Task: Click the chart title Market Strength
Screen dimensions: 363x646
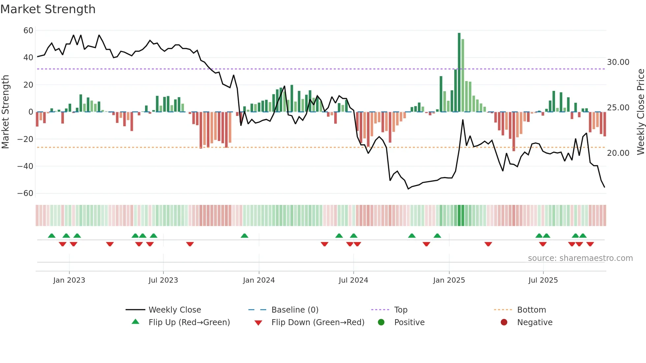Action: click(48, 9)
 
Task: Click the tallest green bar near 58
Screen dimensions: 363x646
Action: click(459, 72)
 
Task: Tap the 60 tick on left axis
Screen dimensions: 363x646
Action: click(28, 31)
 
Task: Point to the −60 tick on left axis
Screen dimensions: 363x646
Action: click(25, 193)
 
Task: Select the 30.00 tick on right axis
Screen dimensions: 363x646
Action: click(618, 62)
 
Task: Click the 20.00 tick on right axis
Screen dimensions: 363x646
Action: click(618, 153)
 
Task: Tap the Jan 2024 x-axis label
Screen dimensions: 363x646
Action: click(259, 280)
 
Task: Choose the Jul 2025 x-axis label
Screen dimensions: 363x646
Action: click(543, 280)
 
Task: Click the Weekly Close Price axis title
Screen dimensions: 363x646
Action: click(640, 112)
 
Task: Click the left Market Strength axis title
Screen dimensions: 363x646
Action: click(6, 112)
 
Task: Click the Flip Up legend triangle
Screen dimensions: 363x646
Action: click(135, 322)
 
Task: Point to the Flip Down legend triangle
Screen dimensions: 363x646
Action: click(258, 323)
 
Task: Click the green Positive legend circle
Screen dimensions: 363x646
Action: click(381, 322)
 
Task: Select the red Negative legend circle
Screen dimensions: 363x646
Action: click(504, 322)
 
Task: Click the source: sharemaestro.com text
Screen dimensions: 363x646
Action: click(580, 258)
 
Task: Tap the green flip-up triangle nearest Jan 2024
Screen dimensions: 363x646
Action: click(245, 236)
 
